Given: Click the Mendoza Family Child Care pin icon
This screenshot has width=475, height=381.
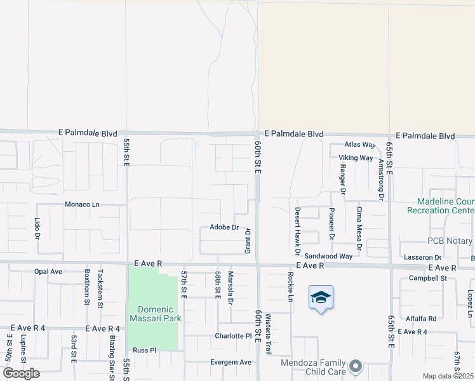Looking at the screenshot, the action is [x=356, y=366].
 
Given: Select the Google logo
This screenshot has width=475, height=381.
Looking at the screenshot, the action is [x=22, y=373].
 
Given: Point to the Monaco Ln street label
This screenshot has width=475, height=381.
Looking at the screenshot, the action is [x=83, y=204].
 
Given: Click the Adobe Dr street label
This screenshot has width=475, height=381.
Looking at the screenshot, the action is [x=224, y=227].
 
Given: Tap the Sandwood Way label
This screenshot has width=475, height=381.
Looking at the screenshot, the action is [x=328, y=256].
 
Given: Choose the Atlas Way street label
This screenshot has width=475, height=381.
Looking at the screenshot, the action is [x=360, y=145].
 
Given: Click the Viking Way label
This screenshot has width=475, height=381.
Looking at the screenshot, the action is [x=355, y=157].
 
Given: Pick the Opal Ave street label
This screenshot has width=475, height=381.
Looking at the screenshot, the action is [x=48, y=271].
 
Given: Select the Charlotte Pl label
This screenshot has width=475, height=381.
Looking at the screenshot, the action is [x=233, y=336].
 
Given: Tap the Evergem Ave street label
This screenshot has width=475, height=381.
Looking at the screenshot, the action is [x=231, y=362].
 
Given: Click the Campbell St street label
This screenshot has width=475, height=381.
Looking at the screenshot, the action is [x=428, y=278].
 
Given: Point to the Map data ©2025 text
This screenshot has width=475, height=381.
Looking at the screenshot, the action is [x=448, y=376].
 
